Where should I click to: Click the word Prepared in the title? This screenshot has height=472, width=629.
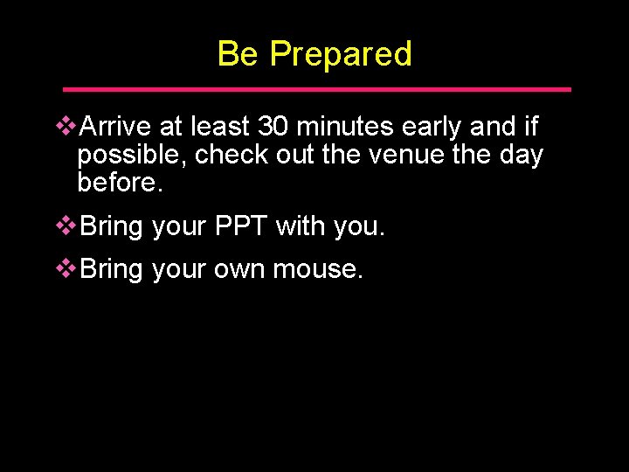pos(341,54)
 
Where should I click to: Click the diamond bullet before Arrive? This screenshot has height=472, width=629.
pos(66,128)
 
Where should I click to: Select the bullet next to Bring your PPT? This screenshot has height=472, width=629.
pos(66,227)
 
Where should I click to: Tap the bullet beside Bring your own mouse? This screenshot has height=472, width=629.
pos(66,270)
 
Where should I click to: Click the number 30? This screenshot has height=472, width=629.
pos(276,128)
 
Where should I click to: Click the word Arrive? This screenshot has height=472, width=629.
pos(116,128)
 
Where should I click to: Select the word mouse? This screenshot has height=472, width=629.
pos(316,270)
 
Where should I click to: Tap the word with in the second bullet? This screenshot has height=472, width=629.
pos(301,227)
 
